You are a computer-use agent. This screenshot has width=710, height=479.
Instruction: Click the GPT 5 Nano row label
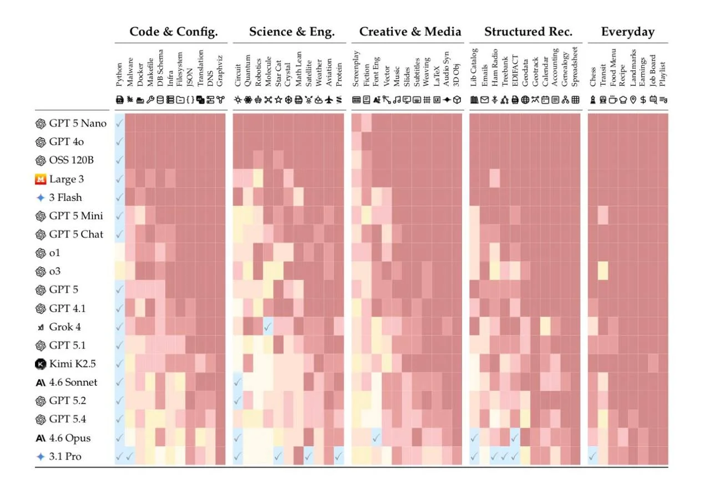point(78,123)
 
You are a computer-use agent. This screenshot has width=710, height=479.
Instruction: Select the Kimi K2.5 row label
point(72,364)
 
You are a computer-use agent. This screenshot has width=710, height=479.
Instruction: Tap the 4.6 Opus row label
point(70,438)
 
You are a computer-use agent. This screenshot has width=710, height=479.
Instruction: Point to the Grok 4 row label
point(65,327)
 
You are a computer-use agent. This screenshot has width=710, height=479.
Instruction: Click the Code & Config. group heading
point(174,32)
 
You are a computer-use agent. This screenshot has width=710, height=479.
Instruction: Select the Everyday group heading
point(628,32)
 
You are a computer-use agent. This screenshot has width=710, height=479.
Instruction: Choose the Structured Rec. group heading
point(529,32)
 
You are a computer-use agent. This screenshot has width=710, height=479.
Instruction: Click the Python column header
point(119,75)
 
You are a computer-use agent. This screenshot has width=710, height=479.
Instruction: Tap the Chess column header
point(593,77)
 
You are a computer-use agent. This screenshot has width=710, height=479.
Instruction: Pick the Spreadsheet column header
point(575,67)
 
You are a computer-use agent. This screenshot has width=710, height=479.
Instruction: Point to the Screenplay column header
point(356,69)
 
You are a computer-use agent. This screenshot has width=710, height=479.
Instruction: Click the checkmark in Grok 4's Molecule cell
point(268,327)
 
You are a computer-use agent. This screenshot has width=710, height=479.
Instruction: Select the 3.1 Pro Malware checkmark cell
point(130,456)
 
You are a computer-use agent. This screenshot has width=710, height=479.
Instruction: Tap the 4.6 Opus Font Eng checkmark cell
point(376,438)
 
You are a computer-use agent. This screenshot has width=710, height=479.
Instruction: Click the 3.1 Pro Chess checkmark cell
point(592,456)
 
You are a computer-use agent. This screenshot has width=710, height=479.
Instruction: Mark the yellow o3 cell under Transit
point(603,271)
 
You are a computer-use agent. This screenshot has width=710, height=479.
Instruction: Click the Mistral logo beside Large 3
point(40,179)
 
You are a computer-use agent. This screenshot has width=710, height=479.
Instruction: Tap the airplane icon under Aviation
point(329,100)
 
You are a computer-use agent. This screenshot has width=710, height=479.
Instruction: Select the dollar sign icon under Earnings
point(643,100)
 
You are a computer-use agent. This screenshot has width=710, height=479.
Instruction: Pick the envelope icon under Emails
point(484,100)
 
